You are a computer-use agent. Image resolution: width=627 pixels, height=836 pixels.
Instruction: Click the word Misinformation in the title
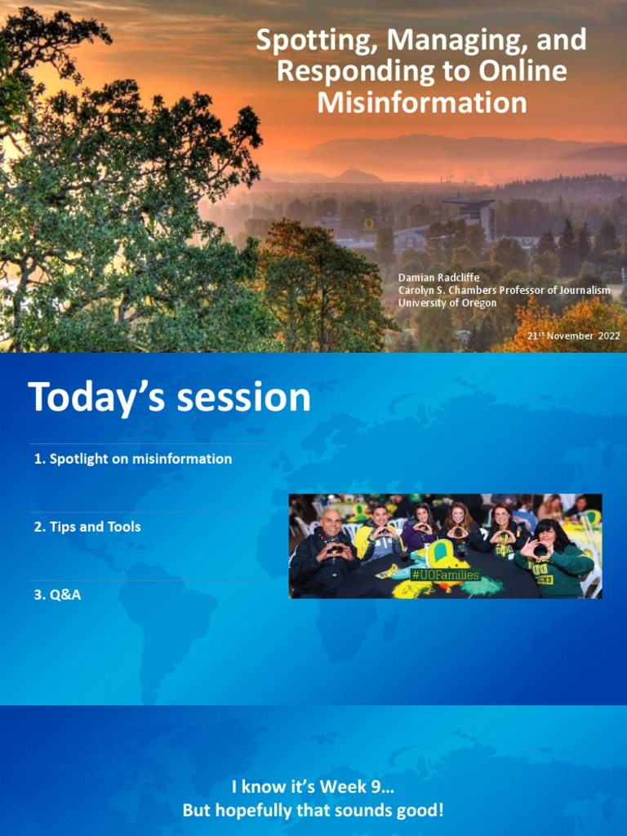[x=421, y=103]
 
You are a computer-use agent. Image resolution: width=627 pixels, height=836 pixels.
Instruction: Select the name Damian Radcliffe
[x=438, y=278]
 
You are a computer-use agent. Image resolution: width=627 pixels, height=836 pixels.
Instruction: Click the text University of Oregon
[x=447, y=303]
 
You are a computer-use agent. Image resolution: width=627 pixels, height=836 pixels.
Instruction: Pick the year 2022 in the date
[x=609, y=336]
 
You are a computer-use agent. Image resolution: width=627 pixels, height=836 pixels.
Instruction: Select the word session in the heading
[x=244, y=398]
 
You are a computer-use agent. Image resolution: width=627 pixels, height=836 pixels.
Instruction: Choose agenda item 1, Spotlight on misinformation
[x=133, y=459]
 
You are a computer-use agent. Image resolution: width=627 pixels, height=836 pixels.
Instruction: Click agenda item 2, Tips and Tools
[x=87, y=527]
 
